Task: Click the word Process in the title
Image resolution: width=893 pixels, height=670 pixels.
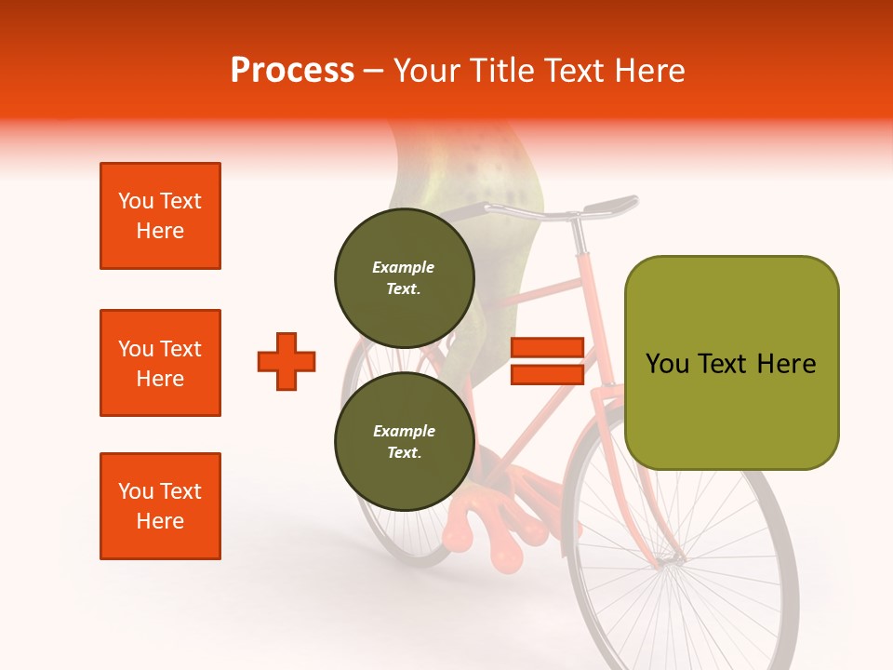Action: (292, 71)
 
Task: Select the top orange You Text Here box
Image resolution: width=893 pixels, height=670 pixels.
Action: (160, 216)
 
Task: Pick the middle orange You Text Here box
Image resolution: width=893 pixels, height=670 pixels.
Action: (160, 363)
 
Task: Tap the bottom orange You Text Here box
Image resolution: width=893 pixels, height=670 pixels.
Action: (160, 506)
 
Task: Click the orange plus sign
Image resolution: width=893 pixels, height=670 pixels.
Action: (287, 361)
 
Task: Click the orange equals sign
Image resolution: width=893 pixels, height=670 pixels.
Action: (547, 361)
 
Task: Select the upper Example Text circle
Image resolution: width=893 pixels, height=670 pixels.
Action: (405, 278)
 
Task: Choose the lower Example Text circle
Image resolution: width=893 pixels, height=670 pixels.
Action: (405, 442)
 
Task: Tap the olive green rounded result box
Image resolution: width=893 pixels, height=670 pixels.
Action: (731, 363)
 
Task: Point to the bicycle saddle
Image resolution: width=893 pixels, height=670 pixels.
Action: (609, 204)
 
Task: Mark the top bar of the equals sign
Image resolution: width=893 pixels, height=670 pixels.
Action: (547, 347)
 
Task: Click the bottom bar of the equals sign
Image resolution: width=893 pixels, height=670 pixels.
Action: (547, 375)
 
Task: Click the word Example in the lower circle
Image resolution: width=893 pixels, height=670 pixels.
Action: (404, 431)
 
